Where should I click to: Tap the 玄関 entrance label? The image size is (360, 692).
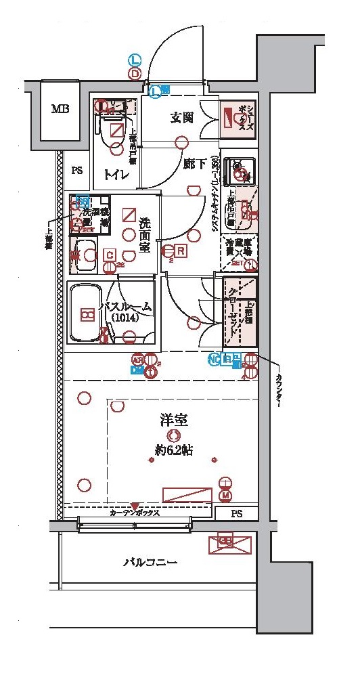click(182, 117)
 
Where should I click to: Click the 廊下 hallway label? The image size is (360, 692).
click(194, 163)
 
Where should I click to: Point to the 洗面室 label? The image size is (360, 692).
click(145, 235)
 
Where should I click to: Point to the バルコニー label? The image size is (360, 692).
click(150, 563)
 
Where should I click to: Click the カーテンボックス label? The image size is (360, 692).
click(135, 513)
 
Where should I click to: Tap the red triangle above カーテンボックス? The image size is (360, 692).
click(135, 506)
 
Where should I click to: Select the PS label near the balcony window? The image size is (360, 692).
click(235, 513)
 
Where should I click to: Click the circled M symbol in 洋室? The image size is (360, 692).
click(225, 496)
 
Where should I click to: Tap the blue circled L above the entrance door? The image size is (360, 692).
click(135, 60)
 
